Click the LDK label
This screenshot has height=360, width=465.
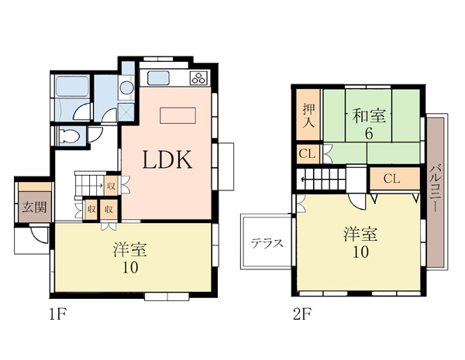[x=167, y=159]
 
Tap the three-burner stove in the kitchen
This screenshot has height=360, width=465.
[x=198, y=78]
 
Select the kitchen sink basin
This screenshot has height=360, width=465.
[x=159, y=77]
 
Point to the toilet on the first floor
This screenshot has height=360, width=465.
[x=69, y=136]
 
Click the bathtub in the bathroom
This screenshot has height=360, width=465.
[x=72, y=86]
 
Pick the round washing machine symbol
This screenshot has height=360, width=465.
[x=127, y=87]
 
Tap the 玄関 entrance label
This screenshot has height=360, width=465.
[x=35, y=207]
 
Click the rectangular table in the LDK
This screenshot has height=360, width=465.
[x=178, y=115]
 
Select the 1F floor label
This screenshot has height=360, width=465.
[x=57, y=314]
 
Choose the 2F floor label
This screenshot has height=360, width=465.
[x=302, y=314]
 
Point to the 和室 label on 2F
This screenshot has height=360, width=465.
[x=369, y=116]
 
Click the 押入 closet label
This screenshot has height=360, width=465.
[x=308, y=116]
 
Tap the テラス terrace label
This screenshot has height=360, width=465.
[x=267, y=244]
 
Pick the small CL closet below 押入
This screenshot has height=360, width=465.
[x=307, y=154]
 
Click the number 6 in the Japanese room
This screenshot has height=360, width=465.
[x=369, y=134]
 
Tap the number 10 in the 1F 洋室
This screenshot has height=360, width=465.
[x=131, y=268]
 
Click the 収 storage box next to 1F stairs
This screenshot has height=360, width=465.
[x=111, y=186]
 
